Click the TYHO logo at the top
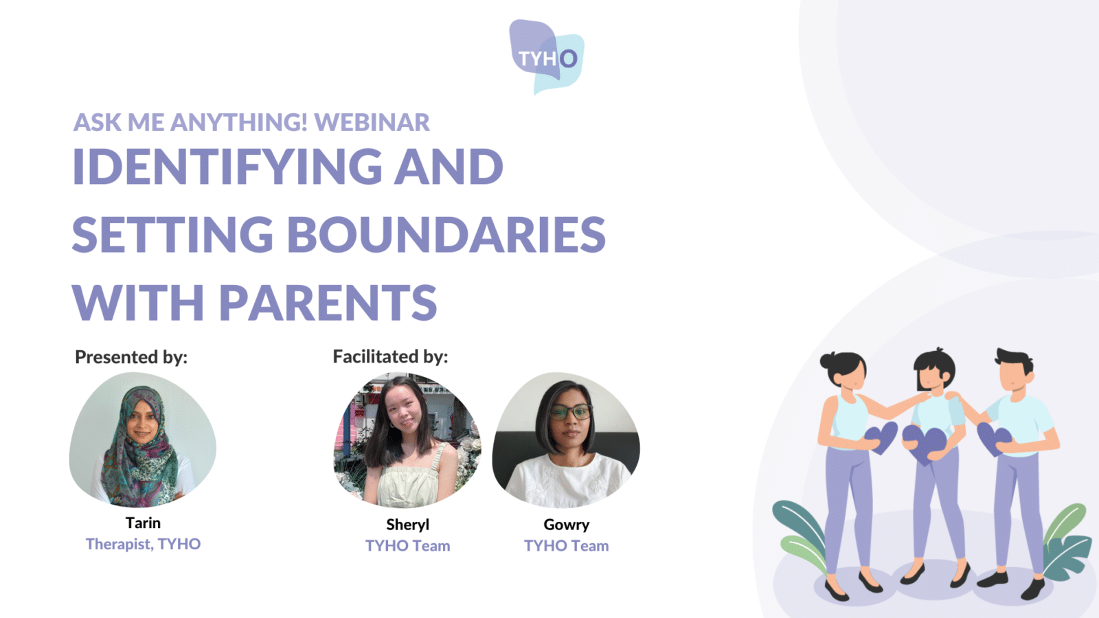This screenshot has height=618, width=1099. click(547, 57)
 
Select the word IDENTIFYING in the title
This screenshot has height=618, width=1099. click(227, 166)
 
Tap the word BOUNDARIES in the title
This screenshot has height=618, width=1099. click(446, 234)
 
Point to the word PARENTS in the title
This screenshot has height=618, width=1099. click(328, 302)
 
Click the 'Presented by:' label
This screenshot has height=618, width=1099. click(131, 357)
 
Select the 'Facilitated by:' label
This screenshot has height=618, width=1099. click(391, 356)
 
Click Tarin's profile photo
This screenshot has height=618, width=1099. click(143, 439)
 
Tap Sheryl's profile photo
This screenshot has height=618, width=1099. click(407, 440)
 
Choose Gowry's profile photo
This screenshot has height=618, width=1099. click(566, 440)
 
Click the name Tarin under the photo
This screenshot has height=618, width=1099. click(143, 523)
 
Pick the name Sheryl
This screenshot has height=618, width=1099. click(408, 525)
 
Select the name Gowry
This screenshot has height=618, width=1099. click(567, 525)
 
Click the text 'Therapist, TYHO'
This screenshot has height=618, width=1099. click(144, 544)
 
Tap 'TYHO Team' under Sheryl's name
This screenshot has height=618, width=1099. click(408, 545)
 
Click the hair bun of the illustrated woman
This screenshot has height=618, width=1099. click(828, 360)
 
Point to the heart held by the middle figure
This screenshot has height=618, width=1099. click(925, 444)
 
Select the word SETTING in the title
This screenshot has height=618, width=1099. click(172, 234)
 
